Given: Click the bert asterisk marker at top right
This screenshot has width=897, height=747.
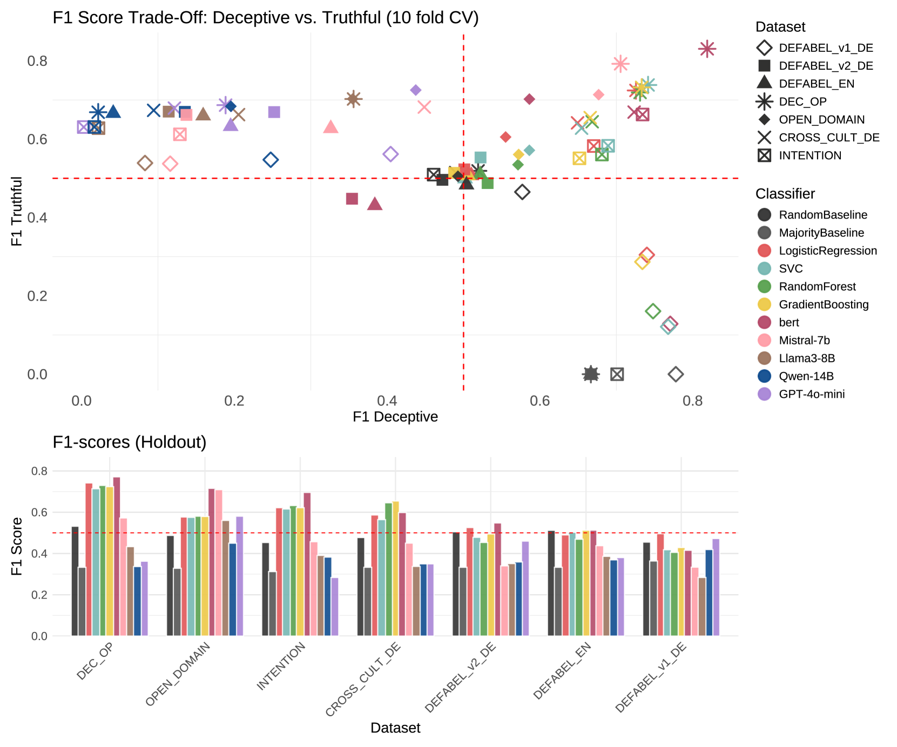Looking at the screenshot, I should (707, 49).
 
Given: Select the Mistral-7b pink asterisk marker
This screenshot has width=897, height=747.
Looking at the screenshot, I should (621, 64).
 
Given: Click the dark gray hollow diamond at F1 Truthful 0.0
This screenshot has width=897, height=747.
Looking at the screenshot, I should (676, 374).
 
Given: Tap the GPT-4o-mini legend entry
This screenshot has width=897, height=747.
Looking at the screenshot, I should (811, 394).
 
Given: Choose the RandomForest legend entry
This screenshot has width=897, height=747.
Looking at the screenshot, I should (817, 287).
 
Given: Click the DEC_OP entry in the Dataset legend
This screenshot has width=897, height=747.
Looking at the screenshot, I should (802, 101).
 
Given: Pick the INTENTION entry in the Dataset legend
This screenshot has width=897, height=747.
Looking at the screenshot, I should (810, 155).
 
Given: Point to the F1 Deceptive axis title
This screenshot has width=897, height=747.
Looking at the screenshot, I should (395, 417).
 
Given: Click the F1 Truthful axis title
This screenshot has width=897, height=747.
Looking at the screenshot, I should (17, 211).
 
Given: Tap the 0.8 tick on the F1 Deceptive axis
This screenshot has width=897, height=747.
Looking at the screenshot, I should (692, 401).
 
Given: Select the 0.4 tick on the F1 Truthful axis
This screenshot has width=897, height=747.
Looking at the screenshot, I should (37, 218).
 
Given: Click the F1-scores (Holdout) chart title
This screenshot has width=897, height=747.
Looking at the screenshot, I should (130, 442).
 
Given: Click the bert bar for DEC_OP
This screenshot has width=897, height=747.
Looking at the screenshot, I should (117, 556).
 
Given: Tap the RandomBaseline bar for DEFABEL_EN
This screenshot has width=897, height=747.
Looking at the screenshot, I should (551, 583).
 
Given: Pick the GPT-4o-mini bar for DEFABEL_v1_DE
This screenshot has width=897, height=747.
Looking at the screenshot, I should (716, 587).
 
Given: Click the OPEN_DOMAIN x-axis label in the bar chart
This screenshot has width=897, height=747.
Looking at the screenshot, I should (178, 674).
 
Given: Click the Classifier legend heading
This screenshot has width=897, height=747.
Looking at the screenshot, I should (785, 194).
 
